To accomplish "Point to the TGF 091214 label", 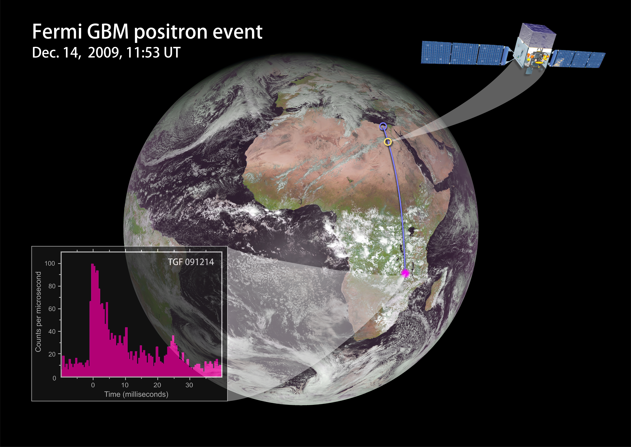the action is click(191, 262).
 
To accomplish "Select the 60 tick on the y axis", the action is click(52, 309).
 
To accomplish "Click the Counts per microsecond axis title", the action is click(38, 312).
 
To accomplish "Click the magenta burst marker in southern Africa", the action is click(405, 273).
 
